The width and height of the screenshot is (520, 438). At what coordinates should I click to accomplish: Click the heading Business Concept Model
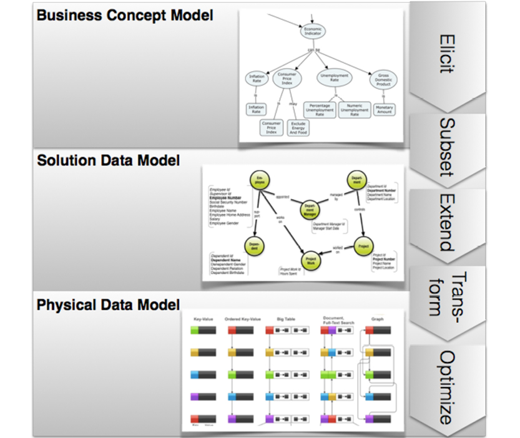[125, 14]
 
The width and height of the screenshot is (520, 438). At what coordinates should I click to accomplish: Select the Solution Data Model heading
[109, 160]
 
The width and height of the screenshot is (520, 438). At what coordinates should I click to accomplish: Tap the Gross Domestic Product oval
[383, 80]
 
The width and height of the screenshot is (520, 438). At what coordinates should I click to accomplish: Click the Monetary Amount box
[384, 110]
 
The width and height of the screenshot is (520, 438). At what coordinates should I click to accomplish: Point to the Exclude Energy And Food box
[298, 129]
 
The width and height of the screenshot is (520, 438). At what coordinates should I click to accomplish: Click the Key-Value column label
[204, 319]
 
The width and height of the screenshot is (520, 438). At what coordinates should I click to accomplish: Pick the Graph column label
[378, 319]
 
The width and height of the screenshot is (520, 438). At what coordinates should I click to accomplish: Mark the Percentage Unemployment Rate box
[320, 110]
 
